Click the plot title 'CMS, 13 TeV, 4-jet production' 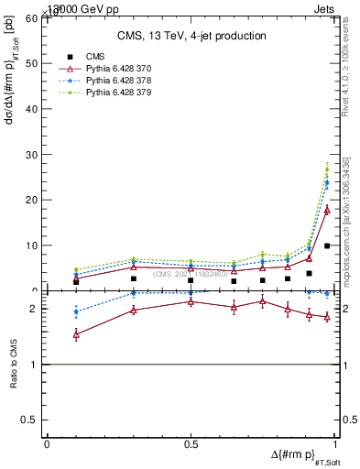[x=191, y=36]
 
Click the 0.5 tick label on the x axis [x=191, y=444]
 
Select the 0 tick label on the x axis [x=48, y=444]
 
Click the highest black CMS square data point [x=327, y=245]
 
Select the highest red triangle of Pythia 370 [x=327, y=210]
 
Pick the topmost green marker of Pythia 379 [x=327, y=169]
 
